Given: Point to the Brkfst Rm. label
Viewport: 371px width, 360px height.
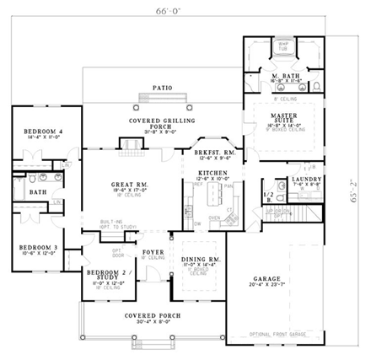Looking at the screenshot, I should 212,152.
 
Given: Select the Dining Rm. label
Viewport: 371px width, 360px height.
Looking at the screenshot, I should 201,260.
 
